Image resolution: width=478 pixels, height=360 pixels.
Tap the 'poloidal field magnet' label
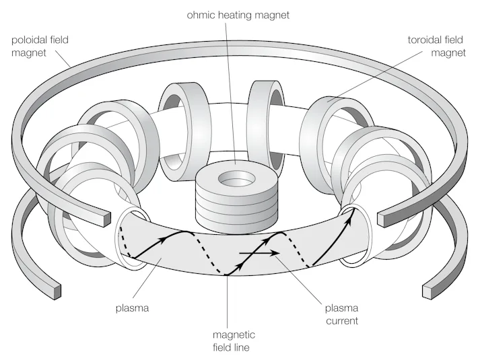[40, 46]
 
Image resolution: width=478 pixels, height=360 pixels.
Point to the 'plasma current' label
[342, 314]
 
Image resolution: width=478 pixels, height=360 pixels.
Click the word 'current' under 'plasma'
[342, 321]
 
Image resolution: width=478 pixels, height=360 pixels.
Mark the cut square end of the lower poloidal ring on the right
[430, 291]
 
